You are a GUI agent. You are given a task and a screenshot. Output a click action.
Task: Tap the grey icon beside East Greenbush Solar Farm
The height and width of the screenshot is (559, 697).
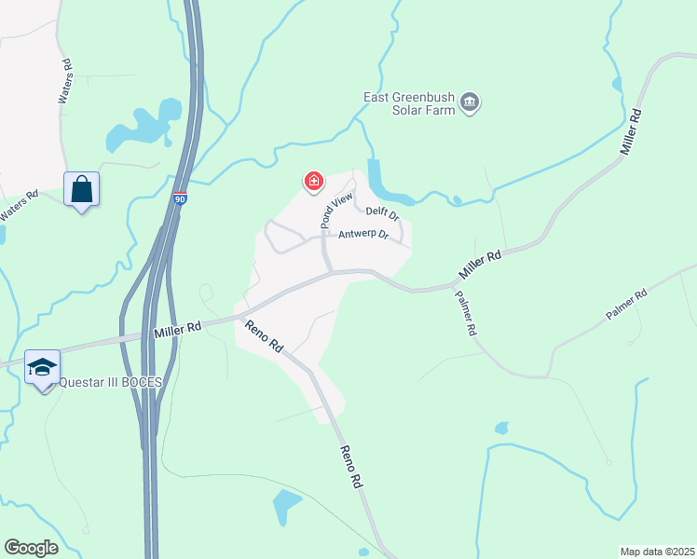coord(471,102)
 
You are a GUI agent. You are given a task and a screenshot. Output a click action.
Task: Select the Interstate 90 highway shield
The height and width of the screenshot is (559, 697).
coord(180,198)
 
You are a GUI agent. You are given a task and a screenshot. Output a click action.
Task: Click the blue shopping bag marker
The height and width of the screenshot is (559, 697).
coord(82,190)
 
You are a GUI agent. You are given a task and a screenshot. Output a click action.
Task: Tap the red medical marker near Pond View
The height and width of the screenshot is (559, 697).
coord(314,181)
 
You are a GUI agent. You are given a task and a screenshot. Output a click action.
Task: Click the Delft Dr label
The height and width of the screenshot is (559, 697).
coord(382,213)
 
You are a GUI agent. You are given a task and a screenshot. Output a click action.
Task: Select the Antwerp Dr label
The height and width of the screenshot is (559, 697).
coord(362,234)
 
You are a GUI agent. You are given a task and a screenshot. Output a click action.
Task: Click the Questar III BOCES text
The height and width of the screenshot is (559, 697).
coord(110,382)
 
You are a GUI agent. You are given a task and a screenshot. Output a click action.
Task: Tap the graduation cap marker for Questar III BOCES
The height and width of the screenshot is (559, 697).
coord(43,368)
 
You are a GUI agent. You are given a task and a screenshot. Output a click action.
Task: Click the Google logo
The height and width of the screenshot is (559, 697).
coord(31,548)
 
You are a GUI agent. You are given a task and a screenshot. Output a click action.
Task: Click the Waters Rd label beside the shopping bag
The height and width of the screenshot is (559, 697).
coord(19,207)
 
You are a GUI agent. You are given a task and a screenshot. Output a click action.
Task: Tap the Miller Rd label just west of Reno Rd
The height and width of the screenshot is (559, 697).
coord(179,329)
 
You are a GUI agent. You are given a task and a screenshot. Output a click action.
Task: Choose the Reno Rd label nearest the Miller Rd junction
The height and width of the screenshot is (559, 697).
coord(265,336)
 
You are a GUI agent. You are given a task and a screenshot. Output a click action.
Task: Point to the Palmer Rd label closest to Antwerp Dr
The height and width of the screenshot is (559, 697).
coord(466,313)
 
